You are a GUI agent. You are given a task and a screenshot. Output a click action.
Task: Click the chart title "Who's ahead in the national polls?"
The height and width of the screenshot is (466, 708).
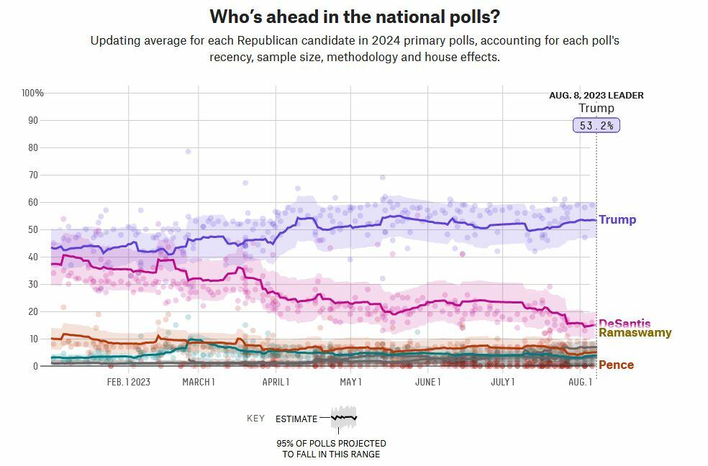354,17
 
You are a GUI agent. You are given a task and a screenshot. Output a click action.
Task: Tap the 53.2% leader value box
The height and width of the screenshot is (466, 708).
596,125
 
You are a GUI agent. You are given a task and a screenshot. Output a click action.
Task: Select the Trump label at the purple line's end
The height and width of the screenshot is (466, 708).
617,220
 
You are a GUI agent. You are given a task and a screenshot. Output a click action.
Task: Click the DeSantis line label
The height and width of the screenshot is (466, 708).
625,324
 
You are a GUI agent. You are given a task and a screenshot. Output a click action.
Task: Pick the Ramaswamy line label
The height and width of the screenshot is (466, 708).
635,333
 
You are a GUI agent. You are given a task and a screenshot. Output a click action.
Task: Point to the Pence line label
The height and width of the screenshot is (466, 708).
616,365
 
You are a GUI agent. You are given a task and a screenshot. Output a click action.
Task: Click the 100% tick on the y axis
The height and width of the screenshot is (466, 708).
33,93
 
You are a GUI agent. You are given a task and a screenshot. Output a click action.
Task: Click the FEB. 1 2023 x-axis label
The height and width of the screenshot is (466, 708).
129,382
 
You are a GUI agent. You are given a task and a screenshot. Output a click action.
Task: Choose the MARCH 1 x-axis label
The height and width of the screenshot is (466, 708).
199,382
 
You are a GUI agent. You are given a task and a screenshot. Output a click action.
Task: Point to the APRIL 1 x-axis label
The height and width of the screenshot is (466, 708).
276,382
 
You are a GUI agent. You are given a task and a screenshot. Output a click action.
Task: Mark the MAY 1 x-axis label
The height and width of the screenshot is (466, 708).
350,382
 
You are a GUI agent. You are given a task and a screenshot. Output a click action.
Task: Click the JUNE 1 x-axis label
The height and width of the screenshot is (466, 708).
428,382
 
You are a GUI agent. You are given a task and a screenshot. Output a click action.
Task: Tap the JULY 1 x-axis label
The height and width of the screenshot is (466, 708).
503,382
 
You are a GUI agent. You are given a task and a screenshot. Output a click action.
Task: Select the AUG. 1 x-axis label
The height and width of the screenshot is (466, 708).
580,382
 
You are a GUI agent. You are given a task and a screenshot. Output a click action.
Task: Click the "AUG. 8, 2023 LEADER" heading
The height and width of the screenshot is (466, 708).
596,96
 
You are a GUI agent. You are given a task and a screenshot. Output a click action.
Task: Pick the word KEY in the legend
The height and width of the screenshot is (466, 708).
255,419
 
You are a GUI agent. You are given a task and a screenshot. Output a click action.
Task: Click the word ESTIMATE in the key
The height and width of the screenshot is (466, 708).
296,419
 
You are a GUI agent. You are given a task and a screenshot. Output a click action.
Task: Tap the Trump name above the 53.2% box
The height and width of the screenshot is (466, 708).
596,109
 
